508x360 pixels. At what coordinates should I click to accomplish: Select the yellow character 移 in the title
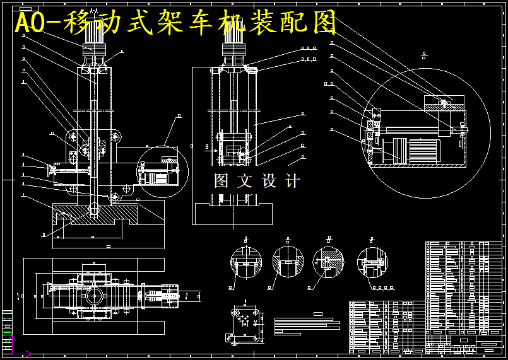(88, 24)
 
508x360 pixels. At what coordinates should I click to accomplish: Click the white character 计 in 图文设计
(293, 182)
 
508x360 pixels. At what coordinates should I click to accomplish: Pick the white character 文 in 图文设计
(245, 182)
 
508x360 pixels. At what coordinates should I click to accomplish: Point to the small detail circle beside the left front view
(162, 172)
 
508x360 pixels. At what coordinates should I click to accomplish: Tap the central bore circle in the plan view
(96, 295)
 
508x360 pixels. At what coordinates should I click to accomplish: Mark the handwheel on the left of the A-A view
(50, 168)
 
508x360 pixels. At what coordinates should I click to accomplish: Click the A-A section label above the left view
(93, 11)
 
